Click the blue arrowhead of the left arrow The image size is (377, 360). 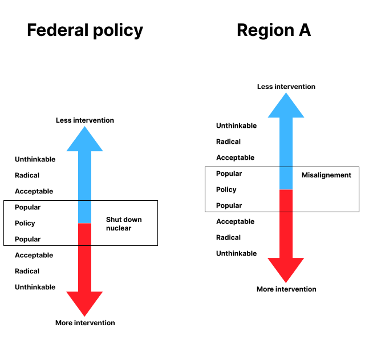pos(84,141)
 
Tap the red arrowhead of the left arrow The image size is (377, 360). pos(84,302)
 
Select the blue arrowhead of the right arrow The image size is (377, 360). pos(286,107)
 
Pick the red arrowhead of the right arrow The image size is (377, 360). pos(286,268)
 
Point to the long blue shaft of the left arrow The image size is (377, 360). pos(84,176)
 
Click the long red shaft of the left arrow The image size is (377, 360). pos(84,268)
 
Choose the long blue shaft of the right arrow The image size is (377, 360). pos(286,142)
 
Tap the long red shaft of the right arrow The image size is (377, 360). pos(286,234)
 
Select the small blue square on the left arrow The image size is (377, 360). pos(84,212)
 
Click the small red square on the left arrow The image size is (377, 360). pos(84,234)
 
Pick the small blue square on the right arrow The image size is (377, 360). pos(286,178)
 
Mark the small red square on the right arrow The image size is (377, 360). pos(286,201)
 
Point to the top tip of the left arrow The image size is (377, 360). pos(84,127)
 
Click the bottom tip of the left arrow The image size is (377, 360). pos(84,316)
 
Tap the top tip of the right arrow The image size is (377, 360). pos(286,93)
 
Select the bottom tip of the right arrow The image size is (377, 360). pos(286,282)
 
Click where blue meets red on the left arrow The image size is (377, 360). pos(84,223)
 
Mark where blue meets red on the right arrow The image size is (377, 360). pos(286,189)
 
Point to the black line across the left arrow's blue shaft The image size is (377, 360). pos(84,200)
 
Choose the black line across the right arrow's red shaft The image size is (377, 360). pos(286,212)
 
